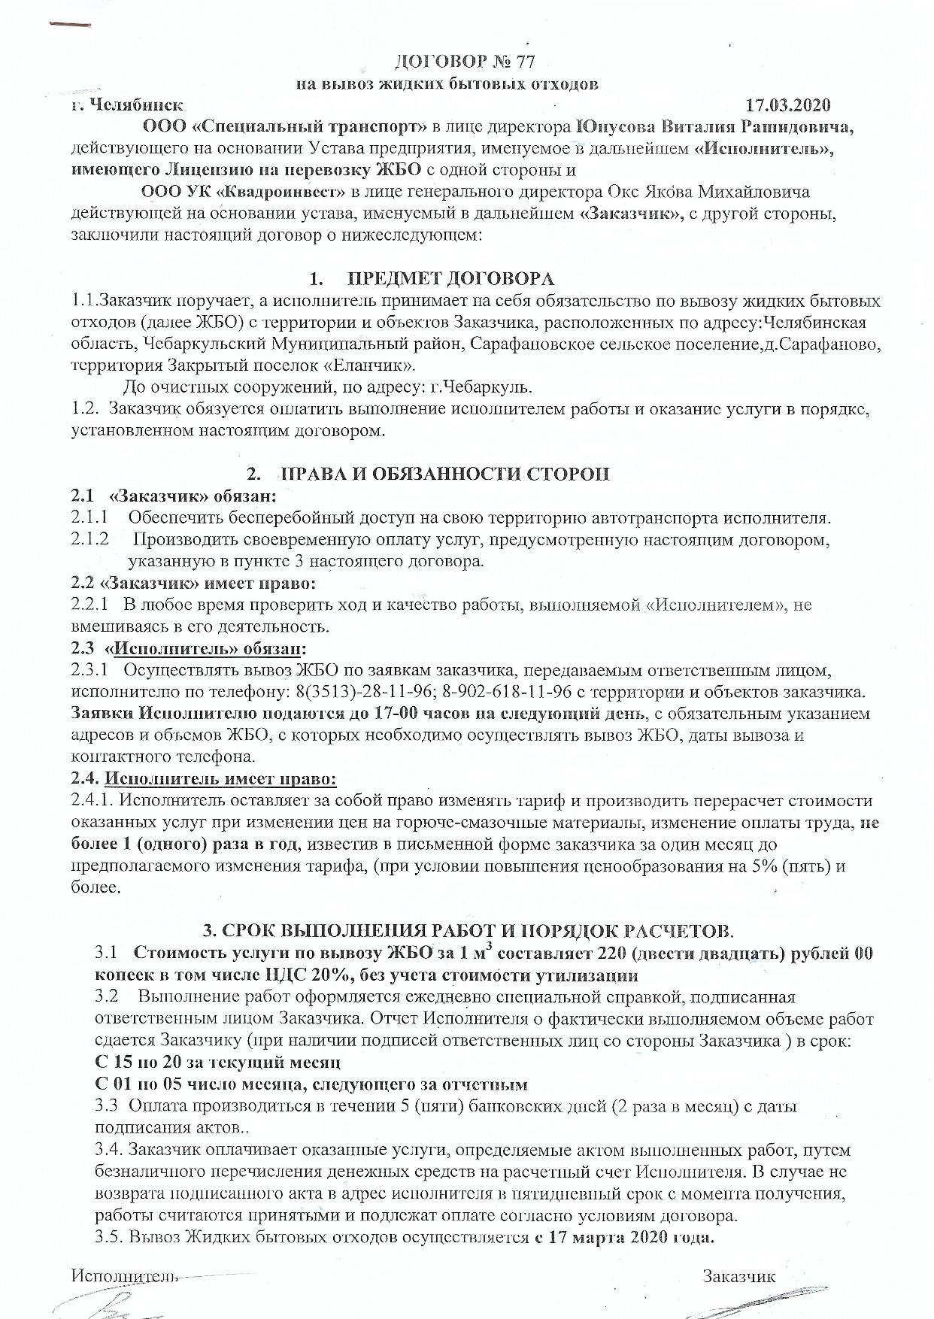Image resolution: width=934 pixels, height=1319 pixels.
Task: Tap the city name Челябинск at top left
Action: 135,105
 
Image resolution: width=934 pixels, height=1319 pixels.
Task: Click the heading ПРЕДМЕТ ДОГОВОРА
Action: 452,279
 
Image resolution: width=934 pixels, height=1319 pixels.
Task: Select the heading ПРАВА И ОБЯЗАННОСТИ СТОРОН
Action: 444,474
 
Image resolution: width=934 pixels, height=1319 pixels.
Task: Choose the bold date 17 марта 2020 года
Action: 624,1238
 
